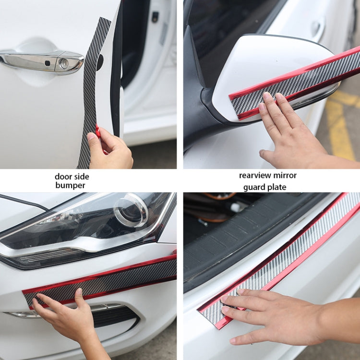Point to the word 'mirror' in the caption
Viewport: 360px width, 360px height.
(x=286, y=175)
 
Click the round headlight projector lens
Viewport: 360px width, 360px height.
(x=130, y=210)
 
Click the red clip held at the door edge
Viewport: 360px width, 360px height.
(x=98, y=131)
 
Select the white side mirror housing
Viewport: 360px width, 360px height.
(x=269, y=67)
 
